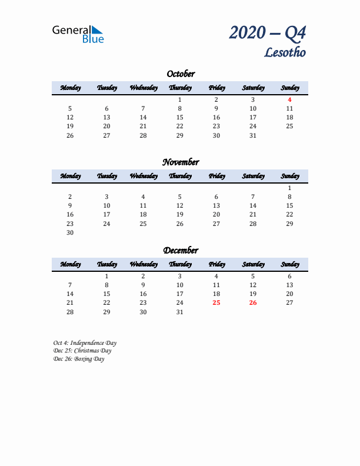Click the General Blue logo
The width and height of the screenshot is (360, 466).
[78, 34]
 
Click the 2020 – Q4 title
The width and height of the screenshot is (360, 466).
[268, 33]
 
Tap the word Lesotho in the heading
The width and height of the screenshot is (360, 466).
[285, 52]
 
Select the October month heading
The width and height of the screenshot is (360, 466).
[180, 74]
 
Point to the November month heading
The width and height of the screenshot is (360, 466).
[180, 162]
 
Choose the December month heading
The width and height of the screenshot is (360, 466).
[180, 251]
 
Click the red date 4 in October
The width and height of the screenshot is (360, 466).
[289, 99]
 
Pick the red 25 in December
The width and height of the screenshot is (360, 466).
[216, 302]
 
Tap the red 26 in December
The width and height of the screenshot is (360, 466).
[253, 302]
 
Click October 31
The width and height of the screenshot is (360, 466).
[253, 135]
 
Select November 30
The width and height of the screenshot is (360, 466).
[70, 232]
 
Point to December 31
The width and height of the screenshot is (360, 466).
[180, 312]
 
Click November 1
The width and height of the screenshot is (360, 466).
[289, 188]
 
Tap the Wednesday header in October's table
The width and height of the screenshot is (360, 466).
[143, 88]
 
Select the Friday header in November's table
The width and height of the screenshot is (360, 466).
[216, 176]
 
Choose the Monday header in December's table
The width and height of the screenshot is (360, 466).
[70, 264]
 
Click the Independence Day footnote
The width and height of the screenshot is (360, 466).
[85, 342]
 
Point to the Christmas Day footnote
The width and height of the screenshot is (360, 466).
[82, 351]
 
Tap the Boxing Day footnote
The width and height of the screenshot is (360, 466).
[78, 359]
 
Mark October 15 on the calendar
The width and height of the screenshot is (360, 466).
[180, 117]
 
